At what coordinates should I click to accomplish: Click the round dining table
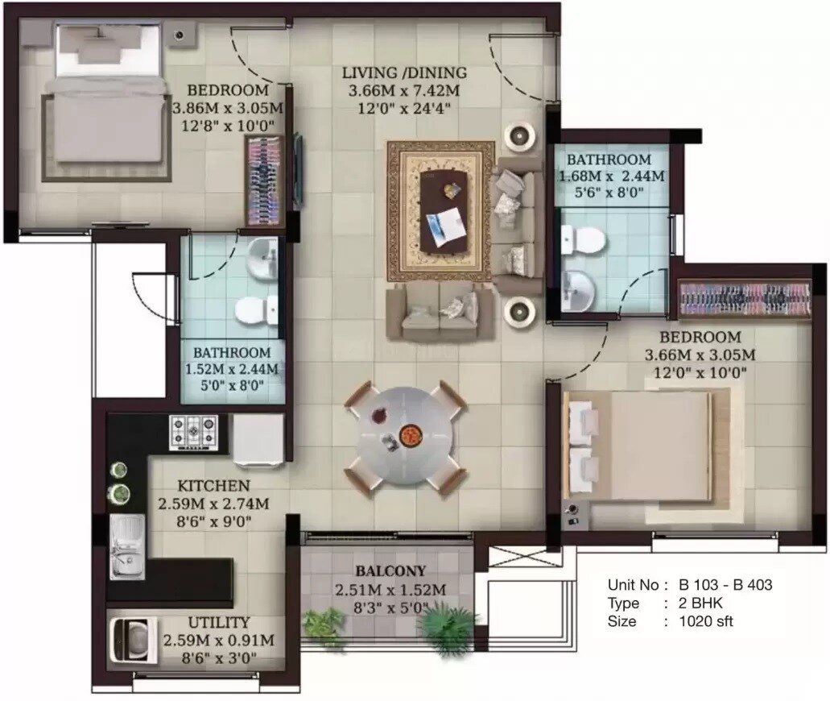pyautogui.click(x=405, y=436)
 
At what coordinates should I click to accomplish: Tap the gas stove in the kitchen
pyautogui.click(x=193, y=432)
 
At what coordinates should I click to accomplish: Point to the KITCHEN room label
pyautogui.click(x=213, y=486)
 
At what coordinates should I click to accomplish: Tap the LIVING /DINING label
pyautogui.click(x=403, y=73)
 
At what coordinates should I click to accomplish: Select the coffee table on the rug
pyautogui.click(x=440, y=208)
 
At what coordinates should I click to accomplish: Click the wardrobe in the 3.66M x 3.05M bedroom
pyautogui.click(x=745, y=299)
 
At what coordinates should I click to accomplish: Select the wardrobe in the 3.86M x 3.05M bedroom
pyautogui.click(x=266, y=181)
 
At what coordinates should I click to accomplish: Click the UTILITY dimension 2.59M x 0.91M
pyautogui.click(x=218, y=641)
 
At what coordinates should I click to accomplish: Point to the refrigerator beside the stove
pyautogui.click(x=258, y=440)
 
